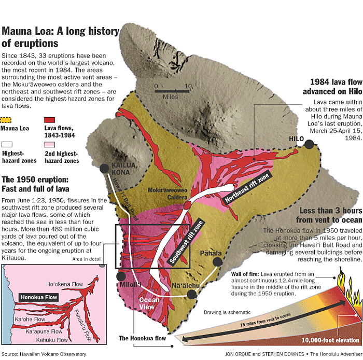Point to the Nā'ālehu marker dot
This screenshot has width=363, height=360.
point(192,294)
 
